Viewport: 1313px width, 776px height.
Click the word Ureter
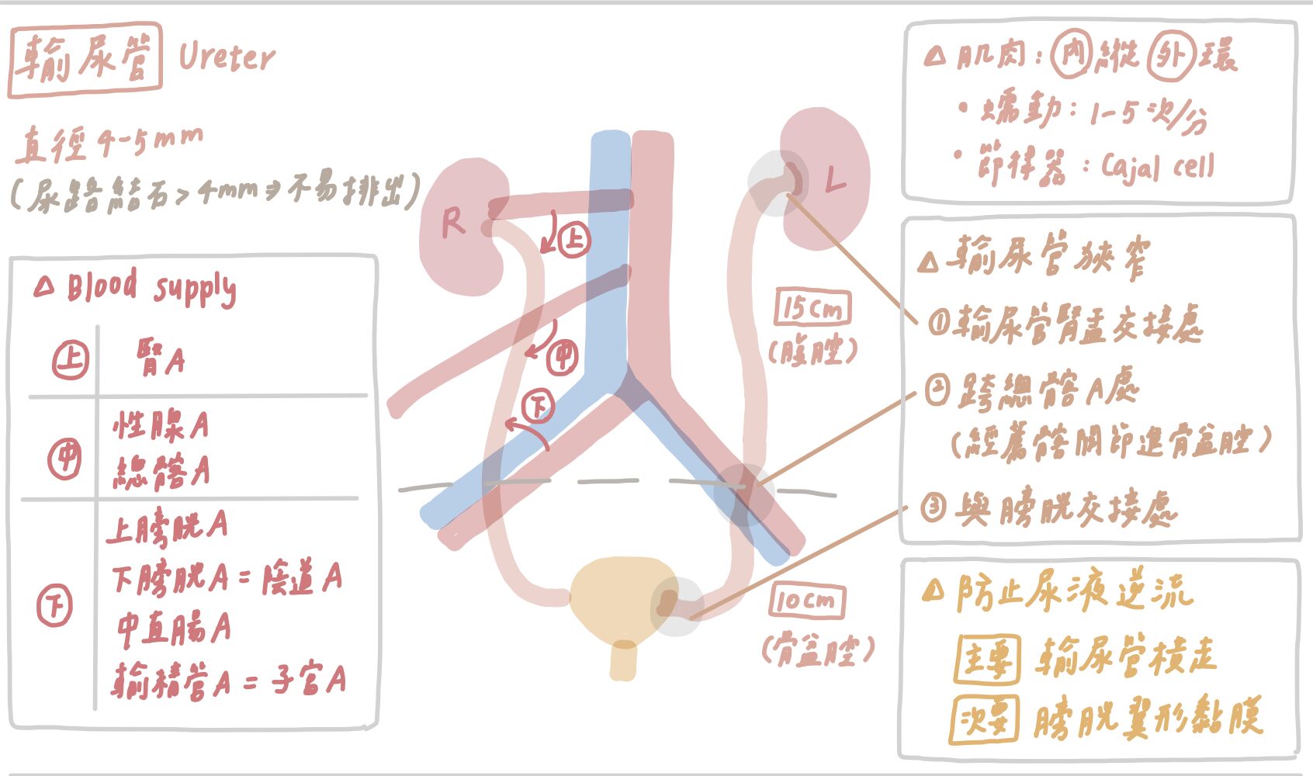click(x=226, y=57)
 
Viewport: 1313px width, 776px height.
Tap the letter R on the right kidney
click(x=452, y=223)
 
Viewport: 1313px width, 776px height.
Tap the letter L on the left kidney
click(x=834, y=181)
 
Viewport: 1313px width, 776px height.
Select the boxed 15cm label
click(x=812, y=308)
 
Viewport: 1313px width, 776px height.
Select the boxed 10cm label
click(x=807, y=601)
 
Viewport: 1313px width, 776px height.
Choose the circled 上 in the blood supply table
click(x=70, y=360)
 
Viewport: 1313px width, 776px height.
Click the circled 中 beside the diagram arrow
click(x=563, y=357)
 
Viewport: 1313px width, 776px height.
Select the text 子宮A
click(x=308, y=680)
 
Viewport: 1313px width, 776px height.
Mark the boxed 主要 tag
click(x=986, y=660)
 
